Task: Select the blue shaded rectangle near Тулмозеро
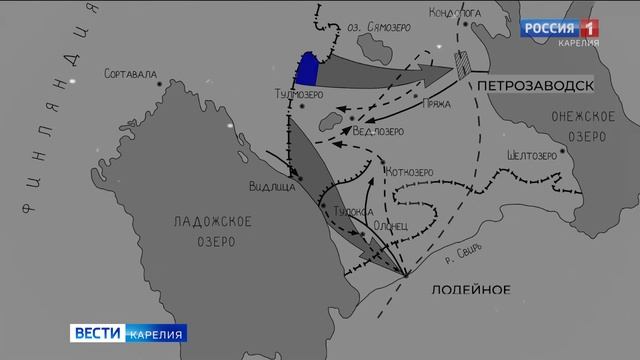coord(308,68)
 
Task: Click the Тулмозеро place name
coord(294,96)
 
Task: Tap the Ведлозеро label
coord(380,129)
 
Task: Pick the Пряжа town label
coord(437,102)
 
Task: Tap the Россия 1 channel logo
coord(559,27)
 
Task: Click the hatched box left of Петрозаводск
coord(462,65)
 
